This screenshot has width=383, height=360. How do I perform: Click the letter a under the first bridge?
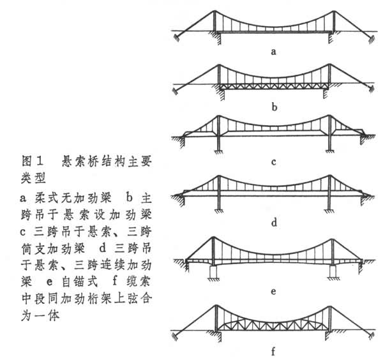click(x=273, y=52)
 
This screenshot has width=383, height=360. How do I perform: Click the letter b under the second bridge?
click(x=273, y=107)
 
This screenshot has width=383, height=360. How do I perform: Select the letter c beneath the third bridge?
click(x=273, y=161)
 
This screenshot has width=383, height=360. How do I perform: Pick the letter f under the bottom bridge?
click(x=273, y=350)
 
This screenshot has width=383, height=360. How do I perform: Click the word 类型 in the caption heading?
click(x=26, y=174)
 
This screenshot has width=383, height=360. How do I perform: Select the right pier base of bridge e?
click(x=333, y=274)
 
